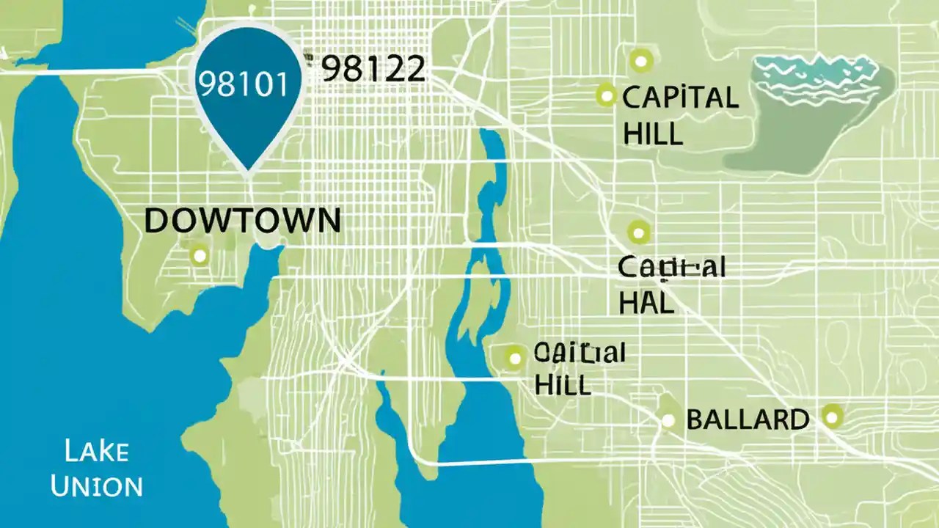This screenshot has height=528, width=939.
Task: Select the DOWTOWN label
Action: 243,221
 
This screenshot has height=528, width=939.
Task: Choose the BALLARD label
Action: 747,420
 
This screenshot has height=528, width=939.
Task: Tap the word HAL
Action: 646,303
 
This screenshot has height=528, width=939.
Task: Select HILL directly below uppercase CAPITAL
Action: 652,134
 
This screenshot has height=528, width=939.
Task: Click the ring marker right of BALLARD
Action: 831,417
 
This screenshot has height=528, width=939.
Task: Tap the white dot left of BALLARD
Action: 668,420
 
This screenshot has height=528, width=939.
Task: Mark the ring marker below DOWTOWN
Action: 199,256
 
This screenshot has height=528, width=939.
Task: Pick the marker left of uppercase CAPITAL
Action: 606,94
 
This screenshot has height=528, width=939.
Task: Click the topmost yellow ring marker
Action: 641,59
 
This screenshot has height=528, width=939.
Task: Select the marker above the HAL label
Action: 639,232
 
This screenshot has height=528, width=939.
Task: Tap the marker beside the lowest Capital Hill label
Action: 514,358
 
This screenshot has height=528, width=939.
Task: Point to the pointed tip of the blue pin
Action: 248,172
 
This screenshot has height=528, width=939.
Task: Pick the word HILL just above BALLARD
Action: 563,384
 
